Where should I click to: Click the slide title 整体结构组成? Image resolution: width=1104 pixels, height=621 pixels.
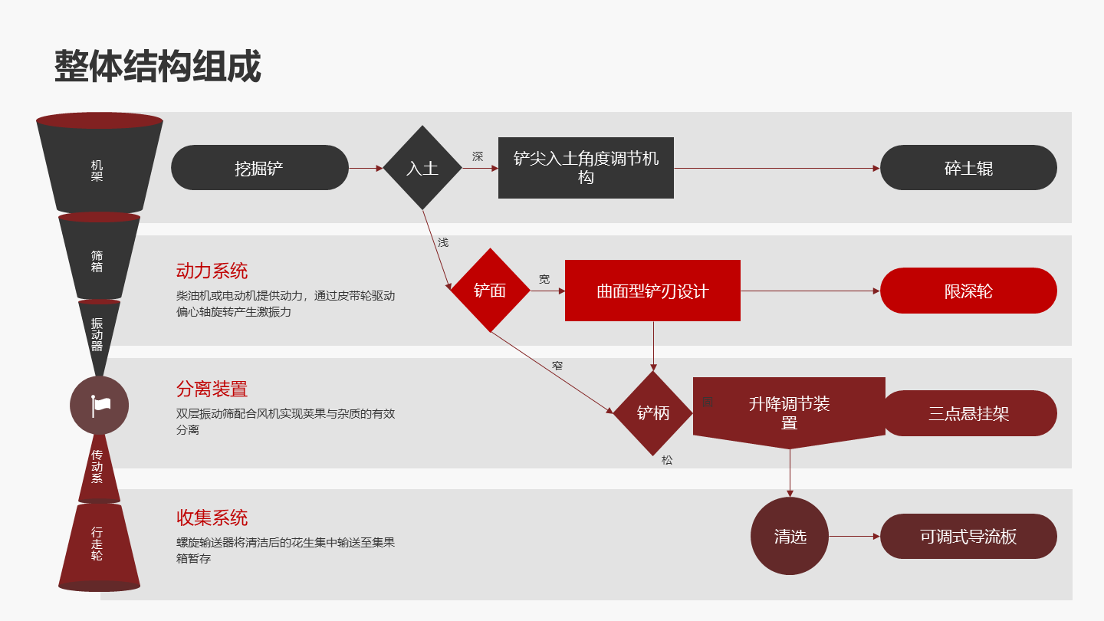[x=157, y=67]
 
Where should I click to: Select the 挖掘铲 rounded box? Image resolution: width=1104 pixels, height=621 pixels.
[x=259, y=168]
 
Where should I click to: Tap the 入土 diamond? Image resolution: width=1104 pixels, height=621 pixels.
[x=422, y=168]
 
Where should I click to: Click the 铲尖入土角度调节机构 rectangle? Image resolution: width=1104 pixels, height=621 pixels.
[x=586, y=168]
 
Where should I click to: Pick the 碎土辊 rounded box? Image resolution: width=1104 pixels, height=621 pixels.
[x=968, y=168]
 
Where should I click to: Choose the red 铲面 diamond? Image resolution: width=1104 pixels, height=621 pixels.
[x=490, y=291]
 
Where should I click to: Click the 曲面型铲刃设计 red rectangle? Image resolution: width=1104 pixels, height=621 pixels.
[x=652, y=291]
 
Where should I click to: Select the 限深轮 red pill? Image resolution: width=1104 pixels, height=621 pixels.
[x=968, y=291]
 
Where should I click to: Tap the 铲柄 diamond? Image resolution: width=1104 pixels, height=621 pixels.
[x=653, y=413]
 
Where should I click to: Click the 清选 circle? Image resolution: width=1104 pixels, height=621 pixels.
[x=790, y=536]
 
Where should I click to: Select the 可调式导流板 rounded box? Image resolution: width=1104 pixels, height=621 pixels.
[x=968, y=536]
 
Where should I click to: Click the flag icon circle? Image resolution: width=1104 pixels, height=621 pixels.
[x=100, y=406]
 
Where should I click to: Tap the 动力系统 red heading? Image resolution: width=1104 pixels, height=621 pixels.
[x=212, y=271]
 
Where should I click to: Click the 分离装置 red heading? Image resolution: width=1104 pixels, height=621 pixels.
[x=212, y=389]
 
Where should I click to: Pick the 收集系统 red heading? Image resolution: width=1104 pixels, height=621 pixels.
[x=212, y=518]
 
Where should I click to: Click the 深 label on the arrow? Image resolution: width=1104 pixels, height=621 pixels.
[x=478, y=157]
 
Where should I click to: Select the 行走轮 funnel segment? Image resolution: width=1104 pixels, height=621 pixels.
[x=97, y=544]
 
